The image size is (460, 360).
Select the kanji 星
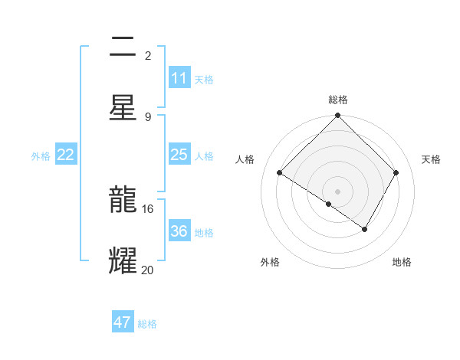coord(123,106)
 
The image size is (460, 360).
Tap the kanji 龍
coord(123,200)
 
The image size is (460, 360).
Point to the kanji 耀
coord(123,260)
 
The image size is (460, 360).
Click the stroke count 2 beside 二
coord(148,56)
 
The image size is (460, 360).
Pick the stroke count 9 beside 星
coord(148,116)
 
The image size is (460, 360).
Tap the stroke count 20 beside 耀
coord(148,270)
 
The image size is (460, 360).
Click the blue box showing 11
coord(179,78)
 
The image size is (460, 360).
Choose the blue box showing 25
coord(179,155)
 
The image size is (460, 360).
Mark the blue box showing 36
coord(179,231)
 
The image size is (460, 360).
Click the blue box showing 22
coord(66,155)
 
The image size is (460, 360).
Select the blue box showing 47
coord(123,322)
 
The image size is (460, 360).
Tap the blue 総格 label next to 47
coord(147,324)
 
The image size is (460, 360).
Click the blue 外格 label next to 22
coord(41,156)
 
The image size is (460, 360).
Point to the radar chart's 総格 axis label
coord(338,100)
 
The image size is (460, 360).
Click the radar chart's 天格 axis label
coord(432,159)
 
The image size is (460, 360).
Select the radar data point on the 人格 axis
coord(280,173)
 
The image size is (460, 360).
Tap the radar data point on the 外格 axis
coord(328,204)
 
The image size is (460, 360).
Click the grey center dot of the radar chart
coord(338,191)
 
